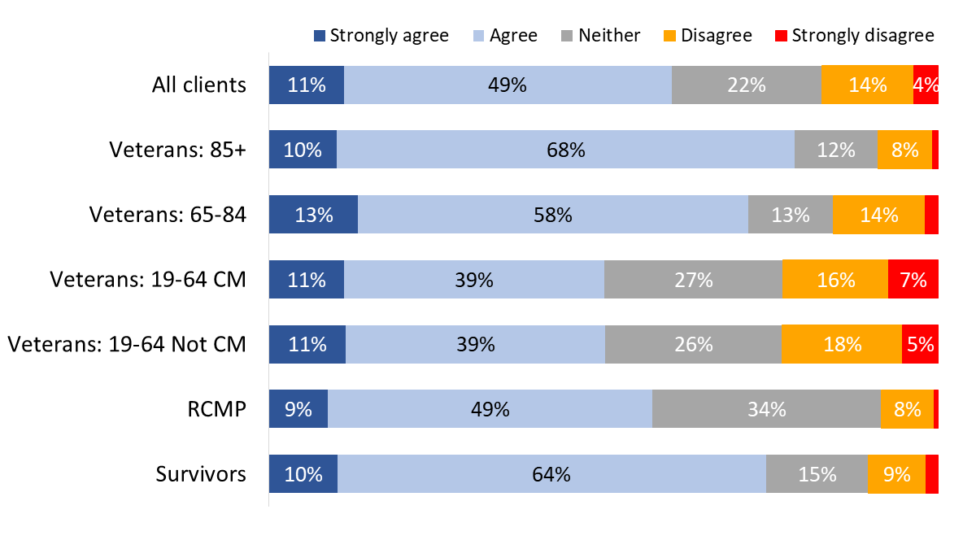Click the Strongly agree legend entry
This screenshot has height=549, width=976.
point(381,36)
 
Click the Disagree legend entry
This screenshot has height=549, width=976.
point(707,36)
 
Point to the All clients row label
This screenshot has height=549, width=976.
point(199,85)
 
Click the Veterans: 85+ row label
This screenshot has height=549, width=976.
point(177,150)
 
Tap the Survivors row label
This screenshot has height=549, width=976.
point(201,474)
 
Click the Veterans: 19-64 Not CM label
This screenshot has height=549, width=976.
point(127,344)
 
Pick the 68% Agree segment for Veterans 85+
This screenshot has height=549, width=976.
point(565,150)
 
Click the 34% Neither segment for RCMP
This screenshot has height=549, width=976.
point(766,409)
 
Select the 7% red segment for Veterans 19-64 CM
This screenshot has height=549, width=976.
point(913,280)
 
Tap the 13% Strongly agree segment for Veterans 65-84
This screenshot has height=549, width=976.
point(313,215)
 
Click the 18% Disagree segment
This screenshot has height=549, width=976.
point(841,344)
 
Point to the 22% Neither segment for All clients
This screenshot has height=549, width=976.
point(746,85)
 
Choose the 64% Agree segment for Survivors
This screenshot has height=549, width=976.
point(551,474)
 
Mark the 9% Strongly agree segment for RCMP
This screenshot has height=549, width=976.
point(298,409)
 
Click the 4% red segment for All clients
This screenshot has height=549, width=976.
point(926,85)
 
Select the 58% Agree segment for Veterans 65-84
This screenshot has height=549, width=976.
point(552,215)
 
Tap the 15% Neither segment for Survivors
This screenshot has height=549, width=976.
point(817,474)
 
